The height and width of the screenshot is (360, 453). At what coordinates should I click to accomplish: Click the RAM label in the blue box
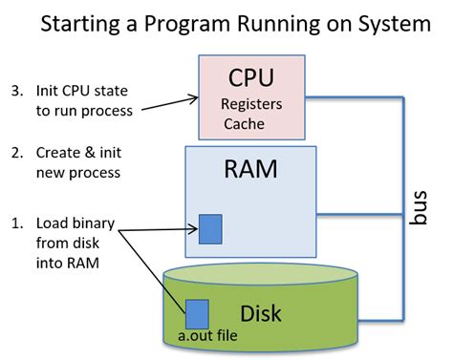[250, 170]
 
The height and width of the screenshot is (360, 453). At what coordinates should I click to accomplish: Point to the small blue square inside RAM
[210, 229]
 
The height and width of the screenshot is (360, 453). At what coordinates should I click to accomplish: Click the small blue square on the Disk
[197, 314]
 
